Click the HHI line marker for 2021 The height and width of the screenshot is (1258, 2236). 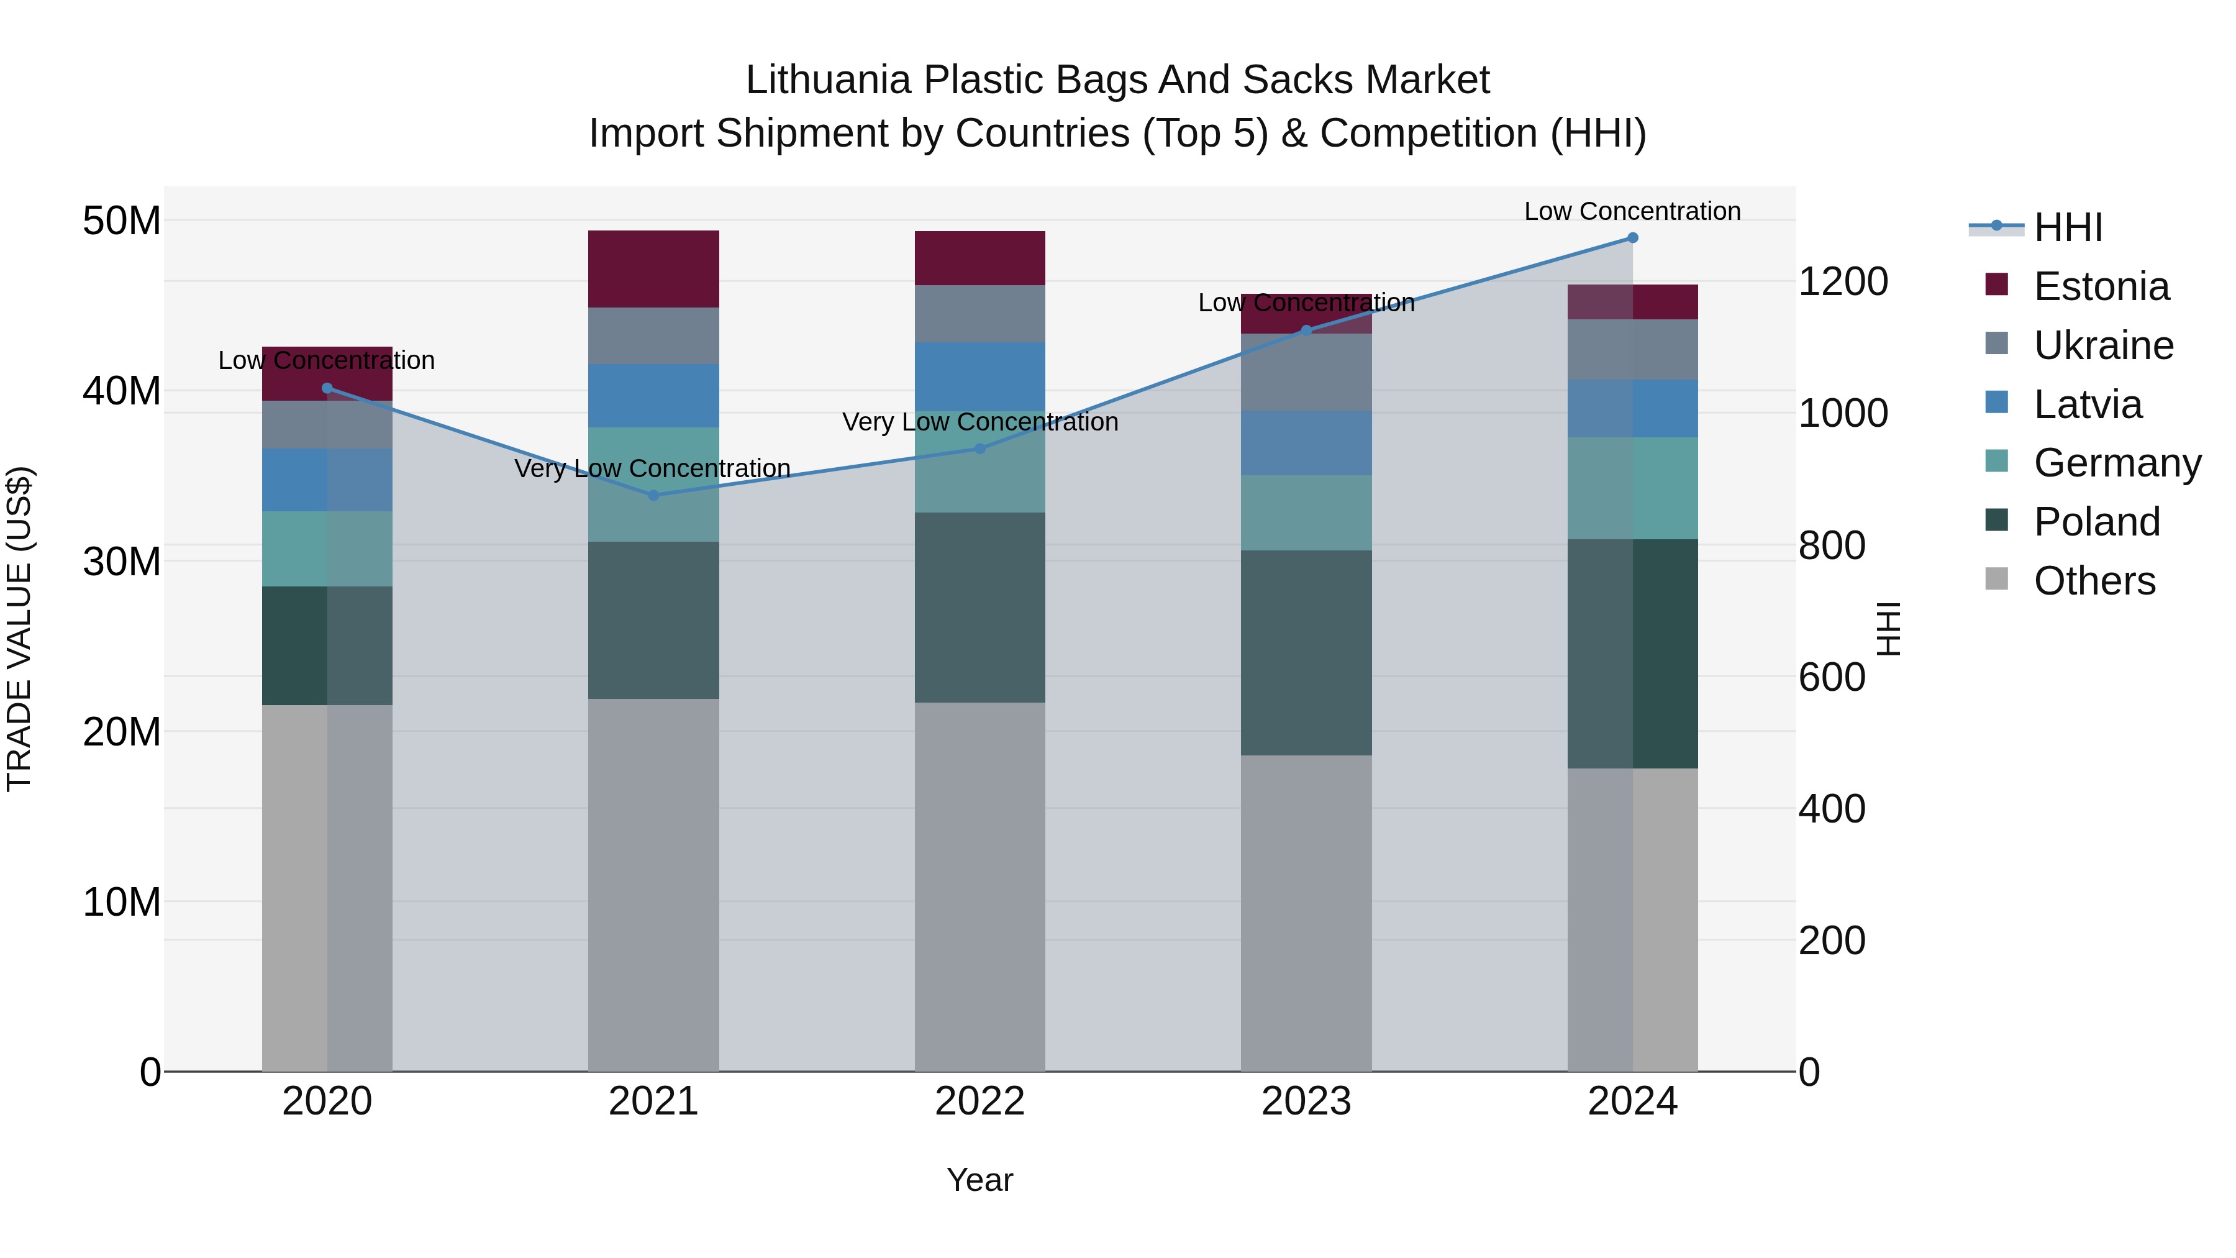pos(653,495)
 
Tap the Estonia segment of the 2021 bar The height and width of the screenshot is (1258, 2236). pos(653,269)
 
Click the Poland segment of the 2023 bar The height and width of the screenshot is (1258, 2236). pos(1306,652)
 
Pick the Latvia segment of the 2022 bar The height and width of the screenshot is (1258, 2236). pos(980,377)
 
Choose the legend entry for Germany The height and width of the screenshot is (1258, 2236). pos(2117,463)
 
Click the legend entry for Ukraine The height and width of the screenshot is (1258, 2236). pos(2103,345)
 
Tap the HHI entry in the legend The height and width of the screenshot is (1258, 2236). pos(2068,227)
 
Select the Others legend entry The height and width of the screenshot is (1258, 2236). pos(2094,581)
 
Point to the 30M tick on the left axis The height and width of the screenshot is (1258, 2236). pos(122,562)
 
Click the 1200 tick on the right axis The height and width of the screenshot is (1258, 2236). pos(1842,281)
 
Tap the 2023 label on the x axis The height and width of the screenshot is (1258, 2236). pos(1306,1101)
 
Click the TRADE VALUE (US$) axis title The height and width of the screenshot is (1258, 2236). pos(19,629)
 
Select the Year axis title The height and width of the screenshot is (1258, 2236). pos(980,1180)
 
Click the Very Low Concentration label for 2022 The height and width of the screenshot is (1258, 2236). pos(980,422)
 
